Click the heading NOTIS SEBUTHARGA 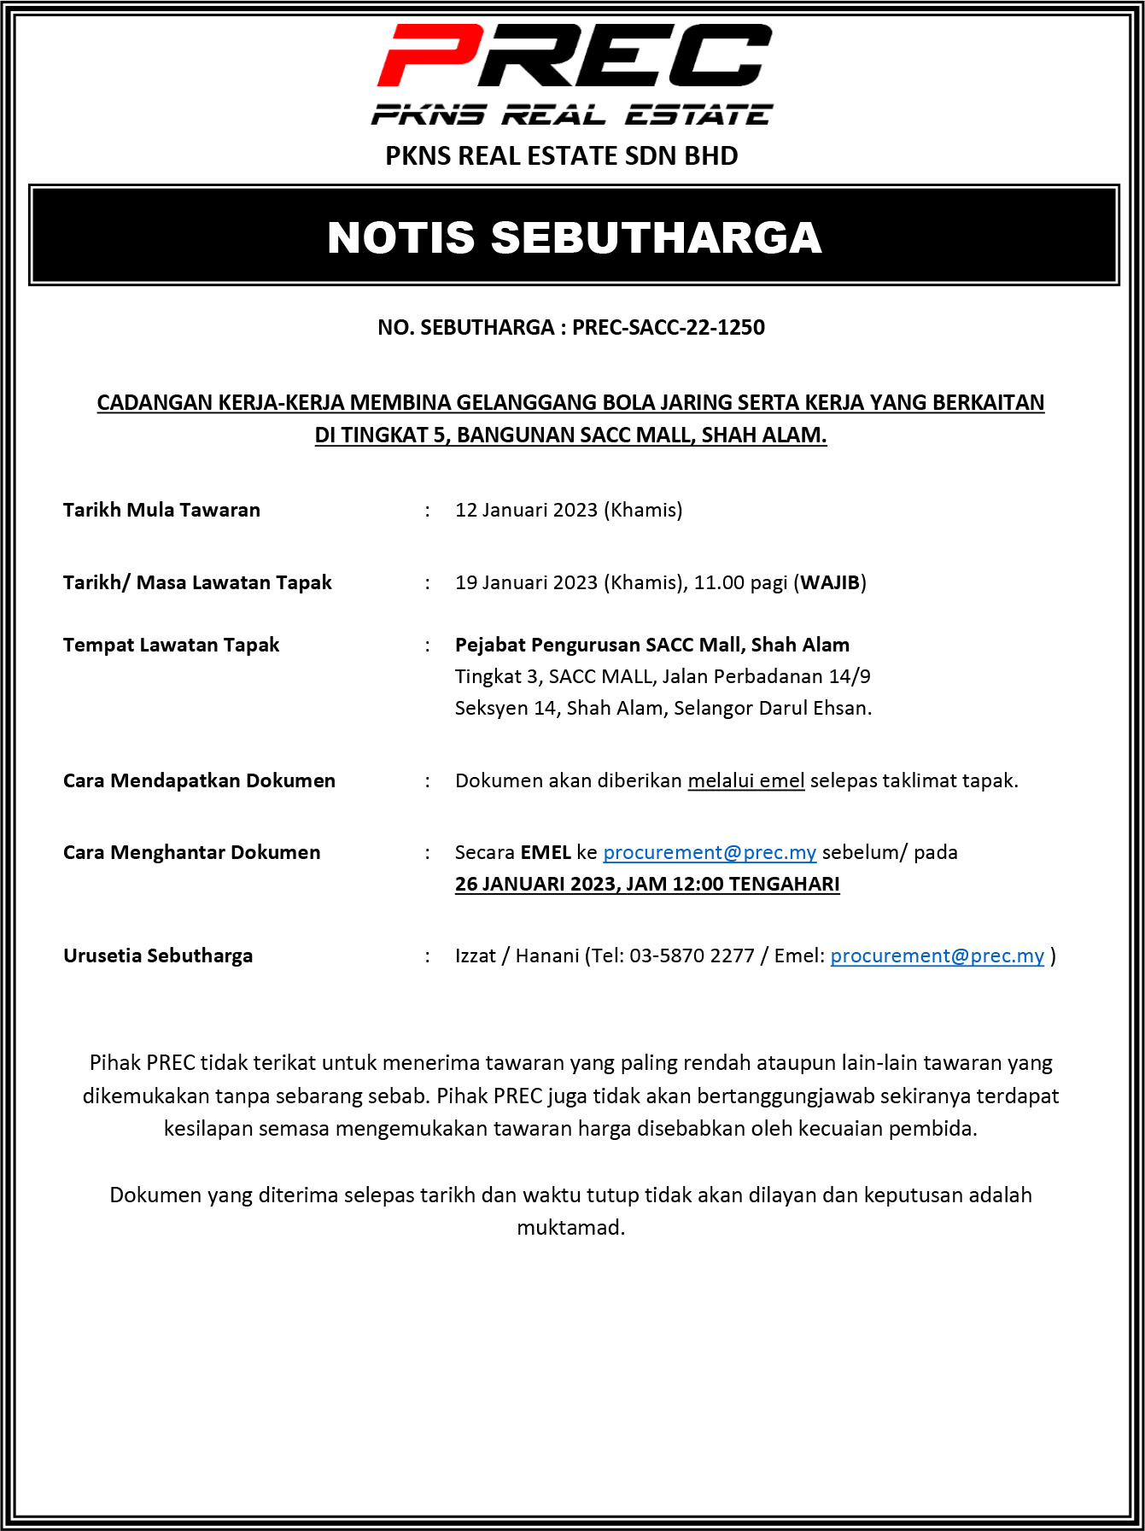click(x=574, y=237)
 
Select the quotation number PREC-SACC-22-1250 click(x=668, y=328)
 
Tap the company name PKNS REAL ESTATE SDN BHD click(x=561, y=156)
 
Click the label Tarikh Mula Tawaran click(x=161, y=511)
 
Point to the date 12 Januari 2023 click(x=526, y=511)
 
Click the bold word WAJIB click(x=830, y=583)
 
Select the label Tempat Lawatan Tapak click(x=171, y=646)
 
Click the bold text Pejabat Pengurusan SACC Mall click(x=599, y=646)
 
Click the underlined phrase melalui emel click(x=746, y=781)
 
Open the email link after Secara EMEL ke click(x=710, y=853)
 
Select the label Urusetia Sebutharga click(x=158, y=956)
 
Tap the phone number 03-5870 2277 click(x=692, y=956)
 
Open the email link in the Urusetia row click(x=937, y=956)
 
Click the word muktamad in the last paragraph click(x=570, y=1228)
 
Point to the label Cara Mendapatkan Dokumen click(x=199, y=781)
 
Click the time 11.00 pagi click(x=740, y=583)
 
